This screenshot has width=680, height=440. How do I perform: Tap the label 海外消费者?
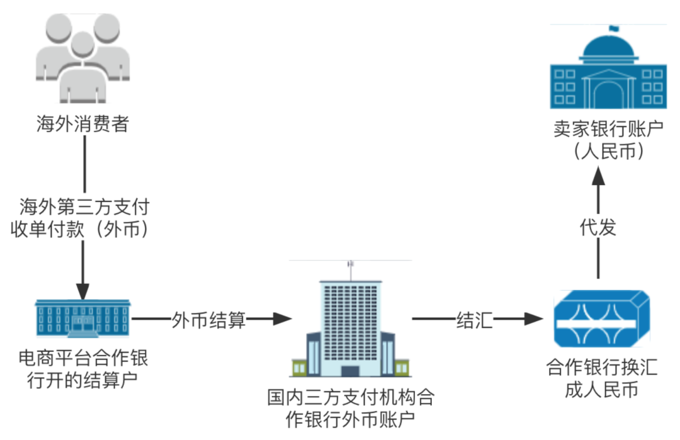point(82,124)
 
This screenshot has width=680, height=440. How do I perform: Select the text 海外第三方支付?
point(84,206)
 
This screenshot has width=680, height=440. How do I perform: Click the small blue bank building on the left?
point(83,319)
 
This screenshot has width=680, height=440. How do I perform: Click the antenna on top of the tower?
point(350,268)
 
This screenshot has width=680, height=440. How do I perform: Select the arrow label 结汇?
point(475,320)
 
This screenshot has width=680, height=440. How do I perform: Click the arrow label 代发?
point(598,227)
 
